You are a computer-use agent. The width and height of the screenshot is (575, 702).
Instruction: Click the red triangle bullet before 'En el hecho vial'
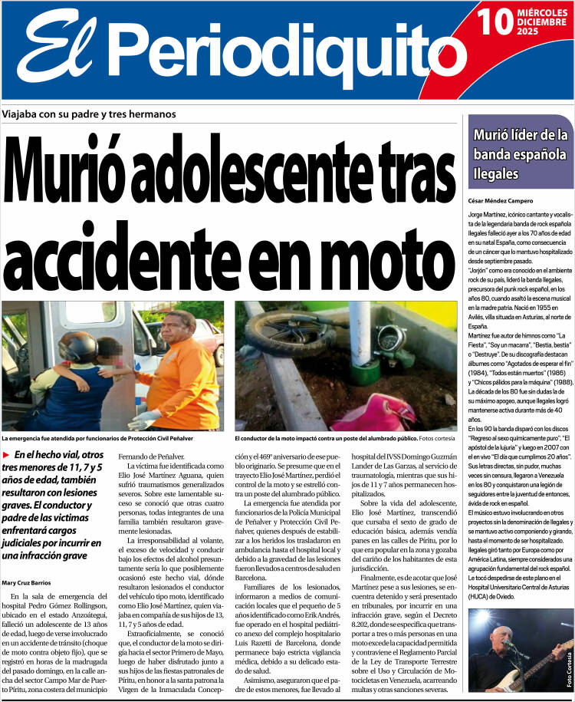7,455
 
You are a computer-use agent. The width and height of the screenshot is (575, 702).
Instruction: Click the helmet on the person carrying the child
77,347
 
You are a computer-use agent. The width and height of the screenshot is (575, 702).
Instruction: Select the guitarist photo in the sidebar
520,650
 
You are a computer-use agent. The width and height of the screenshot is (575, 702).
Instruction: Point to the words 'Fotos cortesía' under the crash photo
439,439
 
